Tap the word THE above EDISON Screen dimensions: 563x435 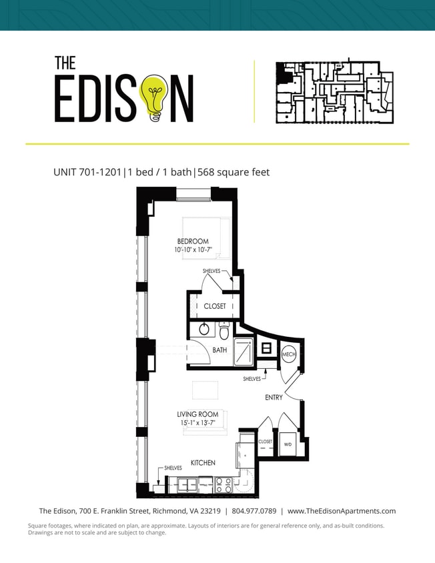tap(65, 63)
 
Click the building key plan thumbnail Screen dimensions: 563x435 tap(334, 92)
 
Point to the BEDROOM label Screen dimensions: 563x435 tap(193, 241)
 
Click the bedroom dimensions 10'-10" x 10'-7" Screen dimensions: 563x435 tap(193, 251)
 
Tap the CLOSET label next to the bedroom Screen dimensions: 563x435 tap(215, 306)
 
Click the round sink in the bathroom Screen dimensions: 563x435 tap(204, 329)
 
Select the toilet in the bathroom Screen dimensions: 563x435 tap(225, 330)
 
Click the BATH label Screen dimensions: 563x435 tap(220, 350)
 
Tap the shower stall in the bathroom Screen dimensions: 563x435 tap(243, 351)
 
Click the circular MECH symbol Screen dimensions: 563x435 tap(289, 354)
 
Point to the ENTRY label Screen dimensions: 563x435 tap(274, 398)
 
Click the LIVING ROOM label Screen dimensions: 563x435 tap(197, 414)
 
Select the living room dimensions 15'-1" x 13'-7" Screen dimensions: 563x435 tap(197, 423)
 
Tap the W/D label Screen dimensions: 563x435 tap(288, 444)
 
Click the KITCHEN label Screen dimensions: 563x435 tap(203, 462)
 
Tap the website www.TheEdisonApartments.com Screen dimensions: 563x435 tap(342, 512)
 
